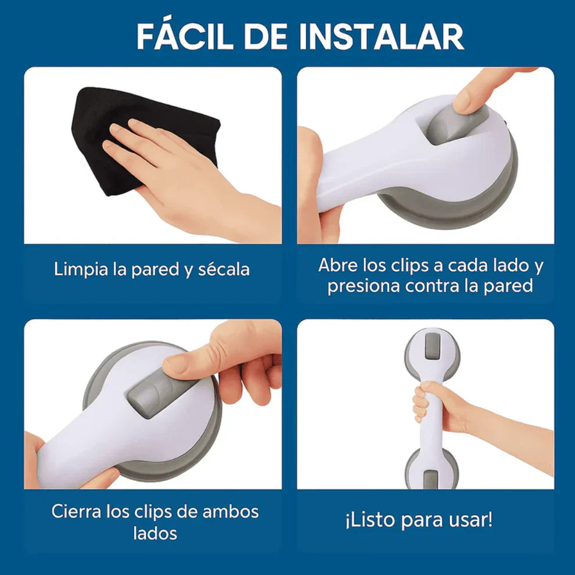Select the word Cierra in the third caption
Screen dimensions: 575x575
coord(75,512)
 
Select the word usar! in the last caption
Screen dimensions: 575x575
coord(470,520)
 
